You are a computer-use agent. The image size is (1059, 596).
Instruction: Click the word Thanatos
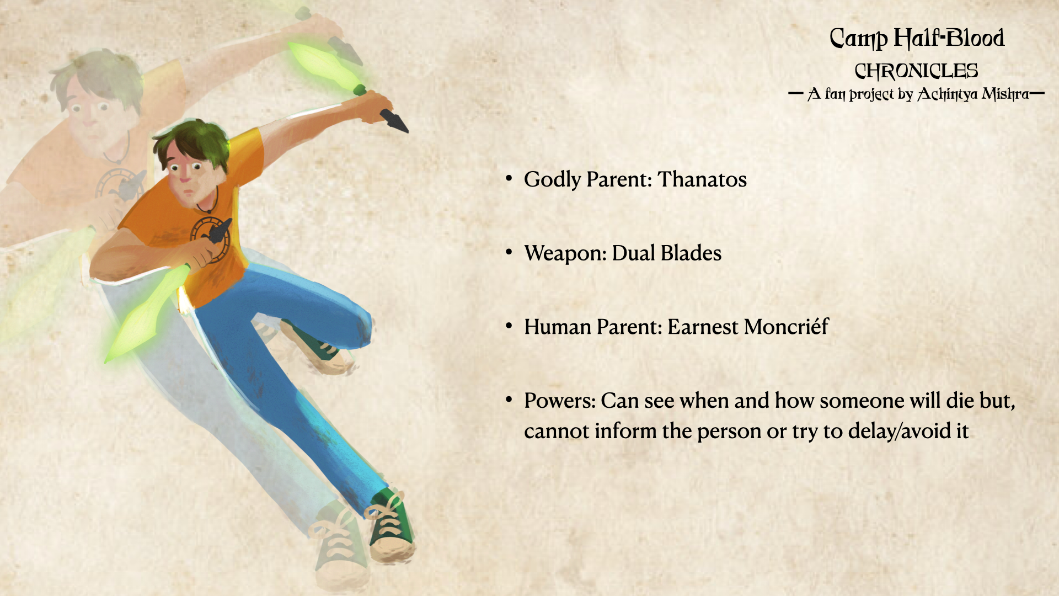(702, 179)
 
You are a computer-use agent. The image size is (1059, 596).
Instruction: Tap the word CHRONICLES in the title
(916, 71)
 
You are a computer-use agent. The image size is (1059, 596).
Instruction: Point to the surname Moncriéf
(786, 326)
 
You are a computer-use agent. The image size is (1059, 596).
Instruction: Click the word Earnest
(703, 327)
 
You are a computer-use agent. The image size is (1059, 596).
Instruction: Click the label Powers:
(560, 401)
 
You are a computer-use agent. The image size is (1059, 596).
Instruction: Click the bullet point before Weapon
(509, 252)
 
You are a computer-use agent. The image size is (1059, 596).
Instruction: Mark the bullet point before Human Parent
(509, 326)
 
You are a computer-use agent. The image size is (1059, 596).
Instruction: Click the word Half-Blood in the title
(949, 38)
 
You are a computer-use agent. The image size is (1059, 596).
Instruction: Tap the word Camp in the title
(858, 39)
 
